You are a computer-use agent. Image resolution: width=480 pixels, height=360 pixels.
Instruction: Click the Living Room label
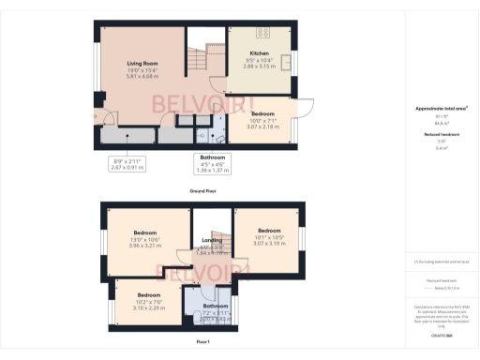141,64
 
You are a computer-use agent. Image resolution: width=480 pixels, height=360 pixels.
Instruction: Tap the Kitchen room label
259,54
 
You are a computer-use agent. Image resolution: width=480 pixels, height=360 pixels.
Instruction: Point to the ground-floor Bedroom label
262,113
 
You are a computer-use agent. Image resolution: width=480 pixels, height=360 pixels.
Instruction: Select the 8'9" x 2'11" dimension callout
131,163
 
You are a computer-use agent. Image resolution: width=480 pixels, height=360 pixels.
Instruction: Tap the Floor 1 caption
202,342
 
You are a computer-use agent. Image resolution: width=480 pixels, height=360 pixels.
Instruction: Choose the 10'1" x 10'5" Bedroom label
269,231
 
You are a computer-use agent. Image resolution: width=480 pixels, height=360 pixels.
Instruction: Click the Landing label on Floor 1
212,241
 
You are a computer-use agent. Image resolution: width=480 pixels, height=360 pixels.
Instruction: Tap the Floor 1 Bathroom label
217,306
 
